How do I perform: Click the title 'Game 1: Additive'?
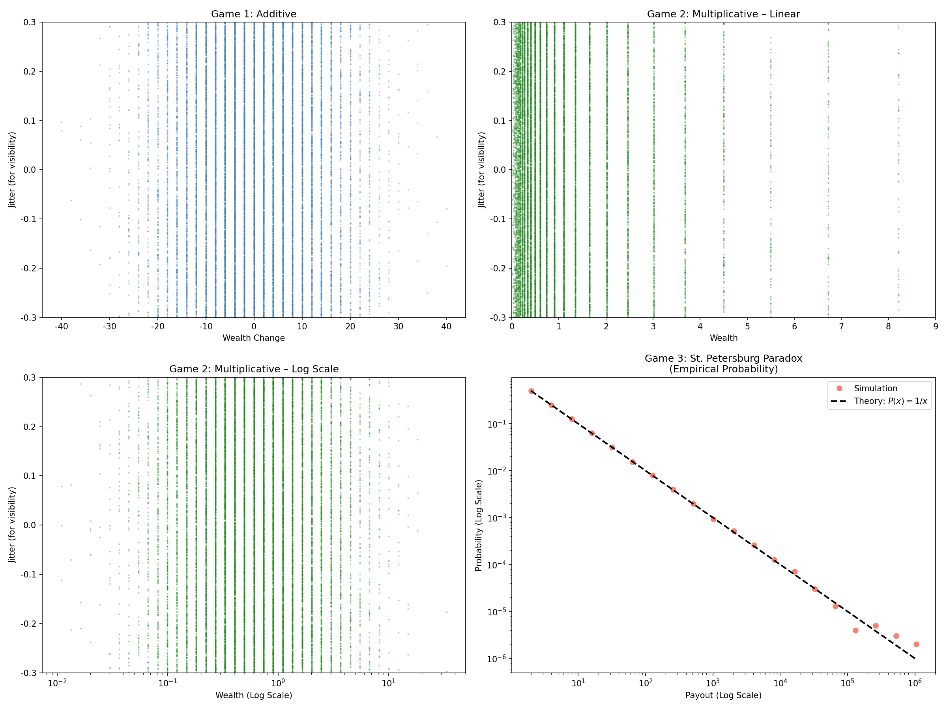[253, 14]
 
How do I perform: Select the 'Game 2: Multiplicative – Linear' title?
[723, 14]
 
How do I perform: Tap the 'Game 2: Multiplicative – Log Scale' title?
[253, 369]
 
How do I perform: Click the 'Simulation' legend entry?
[875, 388]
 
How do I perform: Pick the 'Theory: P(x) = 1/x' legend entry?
[890, 401]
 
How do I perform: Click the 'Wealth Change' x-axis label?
[253, 338]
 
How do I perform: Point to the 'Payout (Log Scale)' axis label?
[723, 695]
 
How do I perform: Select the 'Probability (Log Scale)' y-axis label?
[479, 525]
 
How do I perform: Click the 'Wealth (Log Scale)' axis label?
[253, 695]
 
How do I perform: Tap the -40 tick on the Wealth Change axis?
[61, 327]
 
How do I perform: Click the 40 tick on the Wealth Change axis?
[446, 327]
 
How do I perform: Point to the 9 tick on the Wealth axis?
[935, 327]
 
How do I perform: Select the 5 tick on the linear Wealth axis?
[747, 327]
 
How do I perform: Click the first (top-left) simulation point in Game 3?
[531, 391]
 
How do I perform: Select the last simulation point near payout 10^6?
[916, 644]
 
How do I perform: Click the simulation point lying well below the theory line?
[855, 630]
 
